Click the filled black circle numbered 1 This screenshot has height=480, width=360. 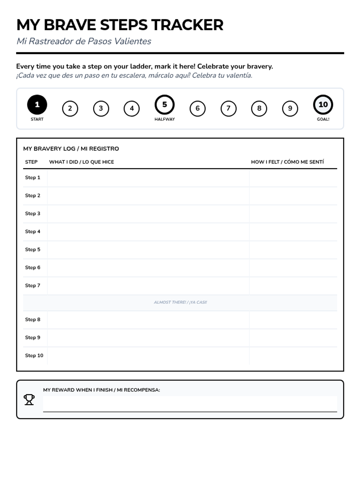pyautogui.click(x=37, y=104)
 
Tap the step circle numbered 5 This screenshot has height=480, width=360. pyautogui.click(x=164, y=104)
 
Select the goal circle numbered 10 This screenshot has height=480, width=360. pyautogui.click(x=323, y=104)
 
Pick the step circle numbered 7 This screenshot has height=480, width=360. pyautogui.click(x=228, y=108)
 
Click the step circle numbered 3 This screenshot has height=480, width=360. pyautogui.click(x=101, y=108)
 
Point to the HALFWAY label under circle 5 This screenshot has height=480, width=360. pyautogui.click(x=164, y=119)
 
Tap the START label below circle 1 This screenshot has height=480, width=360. pyautogui.click(x=37, y=119)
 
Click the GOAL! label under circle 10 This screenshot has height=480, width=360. pyautogui.click(x=323, y=119)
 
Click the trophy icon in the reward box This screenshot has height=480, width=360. pyautogui.click(x=29, y=400)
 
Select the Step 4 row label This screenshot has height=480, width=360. pyautogui.click(x=33, y=231)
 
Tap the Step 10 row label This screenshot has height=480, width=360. pyautogui.click(x=34, y=355)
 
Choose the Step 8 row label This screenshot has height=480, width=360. pyautogui.click(x=33, y=319)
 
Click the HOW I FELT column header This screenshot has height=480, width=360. pyautogui.click(x=287, y=162)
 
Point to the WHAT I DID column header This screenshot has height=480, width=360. pyautogui.click(x=82, y=162)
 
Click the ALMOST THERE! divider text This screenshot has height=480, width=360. pyautogui.click(x=180, y=302)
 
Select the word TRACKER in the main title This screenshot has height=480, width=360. pyautogui.click(x=187, y=25)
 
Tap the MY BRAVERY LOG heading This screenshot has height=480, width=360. pyautogui.click(x=71, y=149)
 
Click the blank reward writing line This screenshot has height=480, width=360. pyautogui.click(x=190, y=404)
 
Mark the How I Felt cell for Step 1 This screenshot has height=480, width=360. pyautogui.click(x=293, y=178)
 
